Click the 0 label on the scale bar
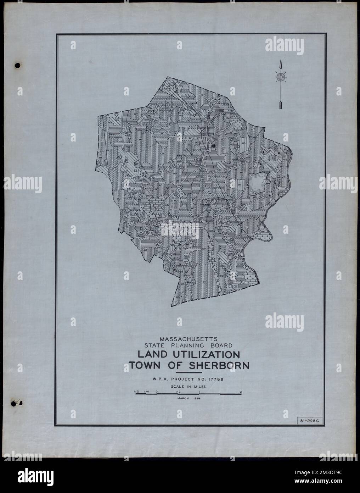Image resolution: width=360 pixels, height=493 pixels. (156, 392)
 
